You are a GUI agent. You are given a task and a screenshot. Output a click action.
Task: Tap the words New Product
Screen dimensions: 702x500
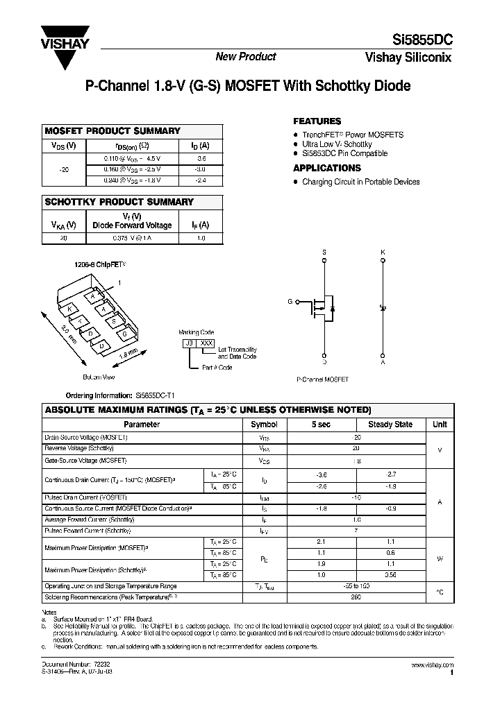(x=246, y=57)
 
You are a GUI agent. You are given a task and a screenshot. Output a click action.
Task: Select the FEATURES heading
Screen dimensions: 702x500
(x=317, y=121)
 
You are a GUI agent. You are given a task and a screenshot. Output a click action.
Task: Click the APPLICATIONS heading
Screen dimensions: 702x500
(x=327, y=168)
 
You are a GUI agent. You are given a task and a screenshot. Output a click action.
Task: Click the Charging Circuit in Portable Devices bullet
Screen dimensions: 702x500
(x=360, y=182)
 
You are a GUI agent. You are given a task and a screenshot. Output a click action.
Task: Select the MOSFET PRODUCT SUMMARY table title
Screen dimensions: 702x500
(x=112, y=130)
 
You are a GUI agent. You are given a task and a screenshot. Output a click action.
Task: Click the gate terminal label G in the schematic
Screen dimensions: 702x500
(x=290, y=302)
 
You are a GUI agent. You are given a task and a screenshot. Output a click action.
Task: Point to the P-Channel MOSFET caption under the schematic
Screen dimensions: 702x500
(x=322, y=380)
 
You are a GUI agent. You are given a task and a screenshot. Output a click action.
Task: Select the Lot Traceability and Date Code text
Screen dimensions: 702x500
(x=237, y=352)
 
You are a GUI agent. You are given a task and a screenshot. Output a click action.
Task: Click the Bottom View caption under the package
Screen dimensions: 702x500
(x=99, y=377)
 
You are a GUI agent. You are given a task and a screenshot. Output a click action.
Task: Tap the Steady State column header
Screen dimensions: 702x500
(x=390, y=424)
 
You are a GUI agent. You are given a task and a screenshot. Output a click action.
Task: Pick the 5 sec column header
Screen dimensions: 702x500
(x=321, y=424)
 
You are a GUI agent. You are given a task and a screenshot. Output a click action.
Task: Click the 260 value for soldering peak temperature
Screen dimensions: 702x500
(x=357, y=596)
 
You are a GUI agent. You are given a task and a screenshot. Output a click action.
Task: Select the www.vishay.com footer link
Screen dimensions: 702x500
(x=432, y=664)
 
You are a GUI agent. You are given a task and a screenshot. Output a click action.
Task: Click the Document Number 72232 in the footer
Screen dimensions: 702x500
(x=76, y=664)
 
